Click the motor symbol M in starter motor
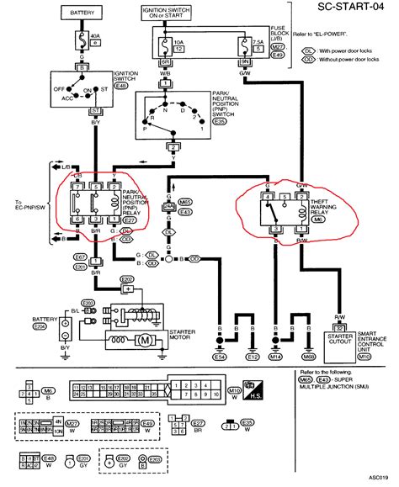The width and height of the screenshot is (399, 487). click(143, 340)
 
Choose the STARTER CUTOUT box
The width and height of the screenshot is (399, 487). click(341, 340)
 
